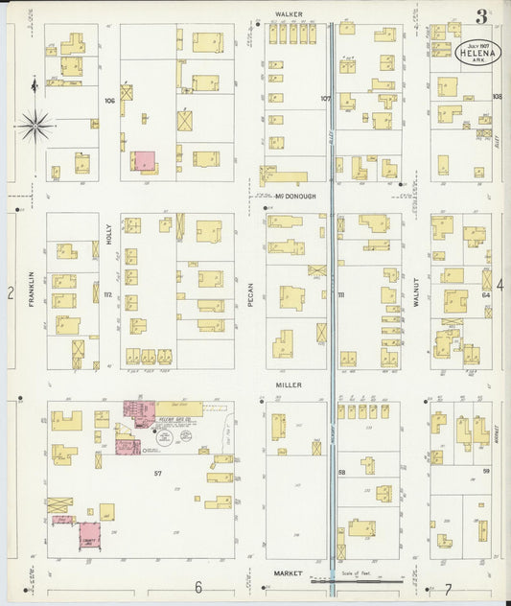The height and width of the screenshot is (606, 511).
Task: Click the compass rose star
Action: [x=35, y=123]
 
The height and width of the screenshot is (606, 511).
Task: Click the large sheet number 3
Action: [x=479, y=16]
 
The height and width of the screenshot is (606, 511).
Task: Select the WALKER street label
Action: [x=289, y=14]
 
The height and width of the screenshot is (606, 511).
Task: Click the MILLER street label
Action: [x=289, y=385]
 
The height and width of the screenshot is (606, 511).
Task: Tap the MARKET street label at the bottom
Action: [x=289, y=572]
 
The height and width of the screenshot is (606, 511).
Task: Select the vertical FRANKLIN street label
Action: [x=32, y=288]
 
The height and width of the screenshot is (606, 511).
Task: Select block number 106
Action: [x=109, y=100]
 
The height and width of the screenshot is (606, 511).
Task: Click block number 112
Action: [x=108, y=294]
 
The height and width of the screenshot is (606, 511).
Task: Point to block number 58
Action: [x=341, y=473]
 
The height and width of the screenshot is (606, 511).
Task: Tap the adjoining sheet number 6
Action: [x=198, y=587]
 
